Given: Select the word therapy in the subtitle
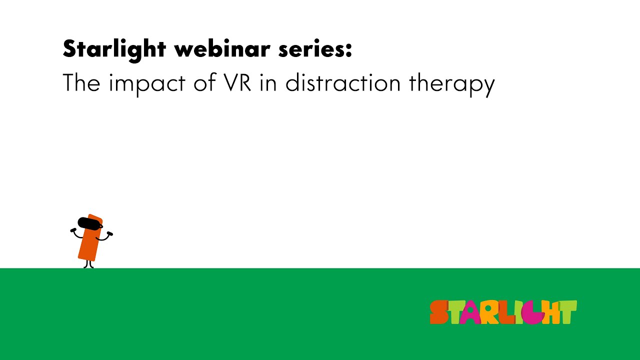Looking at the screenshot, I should [451, 83].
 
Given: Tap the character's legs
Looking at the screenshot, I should [88, 264].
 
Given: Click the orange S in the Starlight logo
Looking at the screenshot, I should [439, 312].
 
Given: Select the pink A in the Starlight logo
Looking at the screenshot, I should [470, 313].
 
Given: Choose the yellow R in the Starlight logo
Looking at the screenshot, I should [489, 313].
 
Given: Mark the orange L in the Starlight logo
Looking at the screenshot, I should [506, 313].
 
